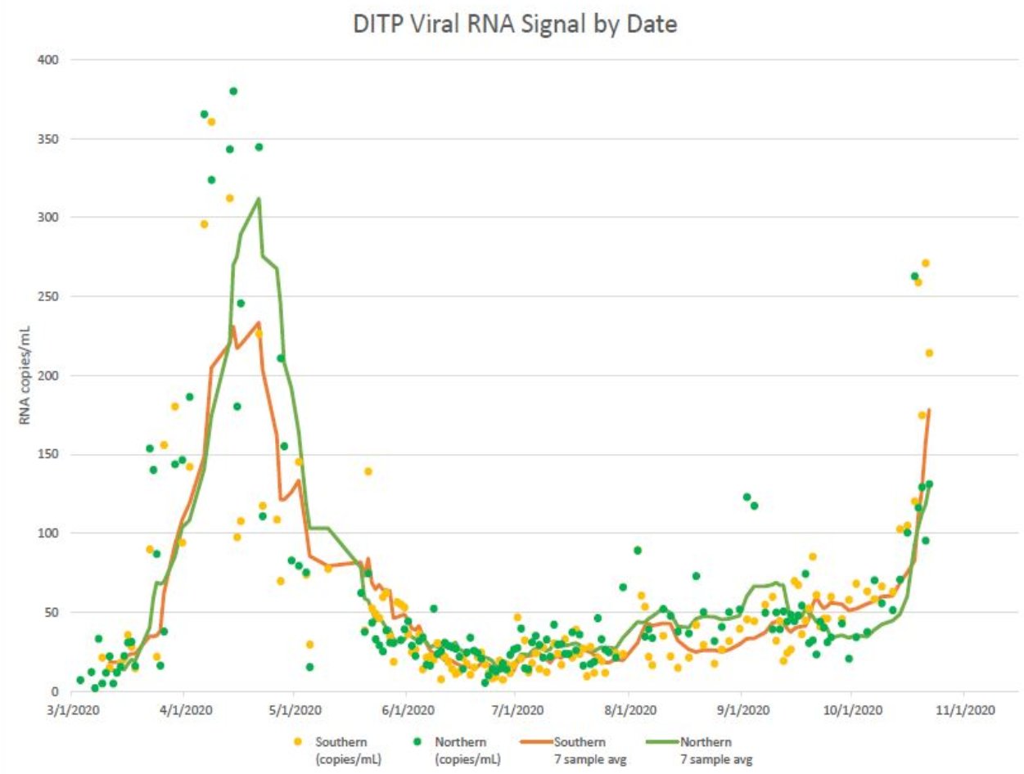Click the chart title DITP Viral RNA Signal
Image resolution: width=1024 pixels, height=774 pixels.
point(515,25)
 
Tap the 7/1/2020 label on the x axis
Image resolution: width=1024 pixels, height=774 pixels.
point(516,712)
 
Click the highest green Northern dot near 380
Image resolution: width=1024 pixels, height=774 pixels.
point(233,91)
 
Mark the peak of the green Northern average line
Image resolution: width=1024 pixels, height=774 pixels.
point(259,198)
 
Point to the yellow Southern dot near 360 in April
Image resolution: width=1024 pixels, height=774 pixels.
point(211,122)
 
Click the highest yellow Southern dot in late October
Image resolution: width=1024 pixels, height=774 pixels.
point(925,263)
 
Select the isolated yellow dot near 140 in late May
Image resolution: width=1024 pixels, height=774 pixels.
point(368,471)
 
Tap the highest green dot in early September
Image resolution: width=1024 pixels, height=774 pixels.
point(747,497)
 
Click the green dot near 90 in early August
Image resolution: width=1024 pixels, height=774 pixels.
point(638,550)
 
